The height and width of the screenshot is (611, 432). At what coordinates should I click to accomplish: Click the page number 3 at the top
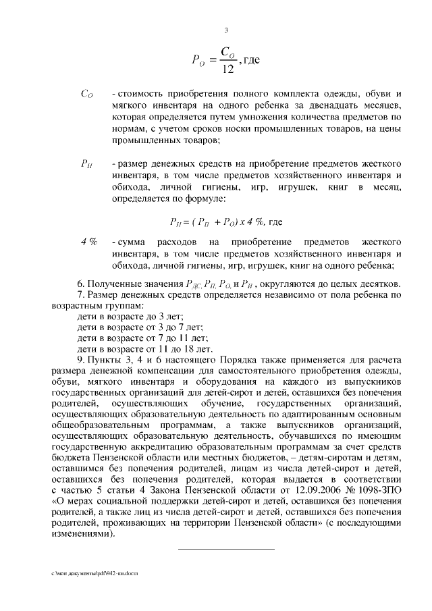point(226,30)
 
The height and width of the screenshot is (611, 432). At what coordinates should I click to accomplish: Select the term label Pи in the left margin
point(86,164)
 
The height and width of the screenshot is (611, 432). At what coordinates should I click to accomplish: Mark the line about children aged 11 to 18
point(145,349)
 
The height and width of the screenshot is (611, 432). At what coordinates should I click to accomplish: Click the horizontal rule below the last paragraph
point(226,549)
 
